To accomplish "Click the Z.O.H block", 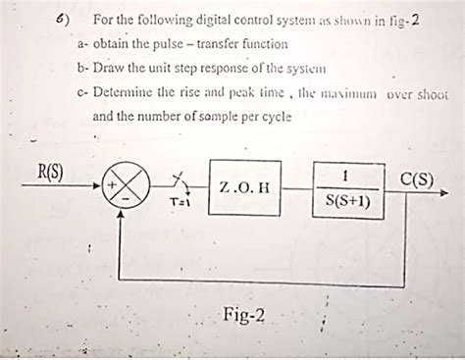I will click(244, 186).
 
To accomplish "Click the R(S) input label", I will click(49, 173).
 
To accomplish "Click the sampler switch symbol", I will click(179, 182).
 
